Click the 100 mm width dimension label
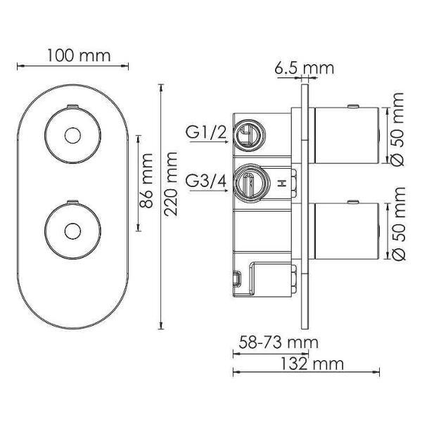click(72, 55)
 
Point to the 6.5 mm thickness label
click(304, 68)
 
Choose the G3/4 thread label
click(206, 182)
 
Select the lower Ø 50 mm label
click(399, 223)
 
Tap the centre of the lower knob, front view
click(70, 230)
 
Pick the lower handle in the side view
click(343, 231)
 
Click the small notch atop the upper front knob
click(70, 106)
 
